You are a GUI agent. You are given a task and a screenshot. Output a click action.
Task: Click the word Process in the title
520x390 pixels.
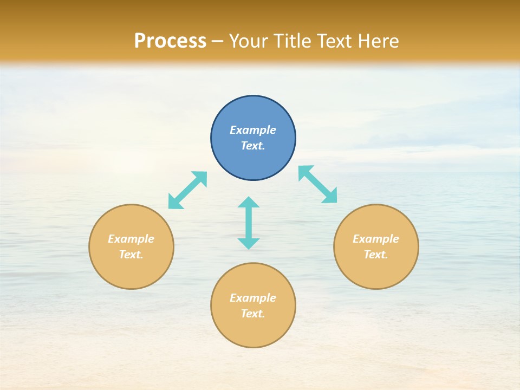(x=170, y=41)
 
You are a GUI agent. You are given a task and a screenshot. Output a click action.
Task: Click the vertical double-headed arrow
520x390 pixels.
(x=249, y=223)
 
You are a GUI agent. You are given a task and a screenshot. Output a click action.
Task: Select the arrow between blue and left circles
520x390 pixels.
(x=187, y=190)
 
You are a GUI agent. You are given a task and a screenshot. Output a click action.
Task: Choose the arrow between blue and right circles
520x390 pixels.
(x=318, y=184)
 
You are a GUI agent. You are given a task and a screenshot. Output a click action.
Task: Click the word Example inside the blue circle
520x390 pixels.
(x=253, y=130)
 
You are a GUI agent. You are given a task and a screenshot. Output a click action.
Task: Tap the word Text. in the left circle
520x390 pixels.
(x=131, y=255)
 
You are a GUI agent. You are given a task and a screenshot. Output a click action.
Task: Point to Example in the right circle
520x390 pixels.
(x=376, y=239)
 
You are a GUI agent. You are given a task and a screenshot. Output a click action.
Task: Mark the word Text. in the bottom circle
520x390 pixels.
(x=253, y=314)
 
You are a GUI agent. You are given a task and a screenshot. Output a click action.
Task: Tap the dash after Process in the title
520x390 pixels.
(x=217, y=41)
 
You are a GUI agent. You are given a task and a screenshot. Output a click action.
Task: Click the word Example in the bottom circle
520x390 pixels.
(x=253, y=298)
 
